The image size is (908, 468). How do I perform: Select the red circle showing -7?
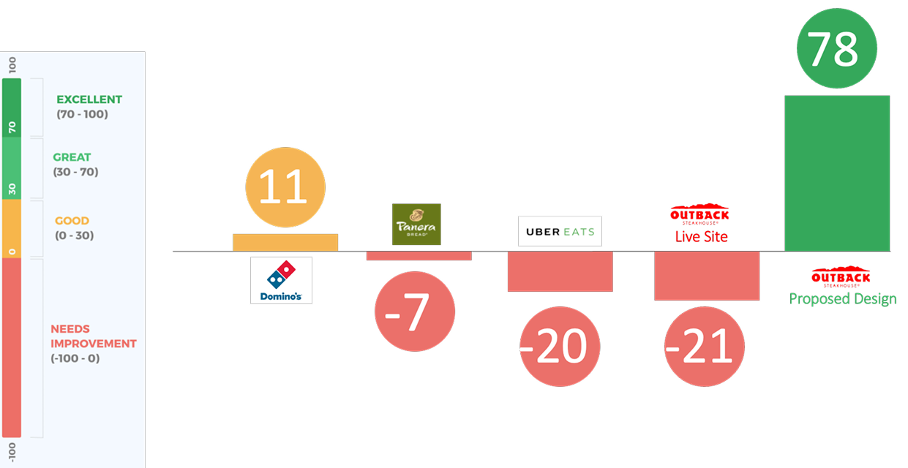tap(415, 312)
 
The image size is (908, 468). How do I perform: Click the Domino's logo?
tap(281, 280)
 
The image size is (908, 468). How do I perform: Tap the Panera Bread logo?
tap(416, 224)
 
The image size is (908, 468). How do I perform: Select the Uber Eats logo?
tap(560, 231)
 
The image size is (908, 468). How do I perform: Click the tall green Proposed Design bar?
tap(837, 173)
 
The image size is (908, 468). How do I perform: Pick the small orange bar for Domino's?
tap(285, 243)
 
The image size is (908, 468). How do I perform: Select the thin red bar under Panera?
tap(419, 256)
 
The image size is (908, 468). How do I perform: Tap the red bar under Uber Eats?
tap(560, 271)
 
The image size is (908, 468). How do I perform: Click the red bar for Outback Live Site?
tap(707, 276)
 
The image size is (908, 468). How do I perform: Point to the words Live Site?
tap(701, 236)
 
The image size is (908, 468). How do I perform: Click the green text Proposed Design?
tap(843, 298)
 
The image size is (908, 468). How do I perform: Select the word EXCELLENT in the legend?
tap(89, 99)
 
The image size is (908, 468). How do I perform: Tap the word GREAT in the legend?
tap(72, 157)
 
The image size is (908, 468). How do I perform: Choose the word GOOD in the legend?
tap(72, 221)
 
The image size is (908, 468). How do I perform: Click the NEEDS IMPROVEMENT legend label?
tap(93, 336)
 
